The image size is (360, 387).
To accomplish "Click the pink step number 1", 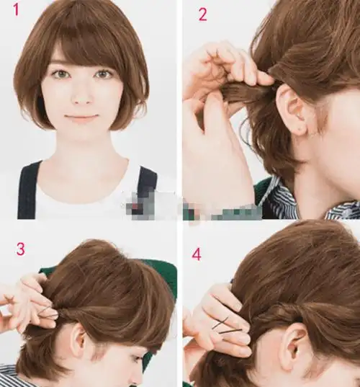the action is coord(16,10).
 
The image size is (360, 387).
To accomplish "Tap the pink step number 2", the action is coord(203,15).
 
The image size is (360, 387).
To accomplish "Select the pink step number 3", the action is coord(21,249).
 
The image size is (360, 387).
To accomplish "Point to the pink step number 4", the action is coord(197,254).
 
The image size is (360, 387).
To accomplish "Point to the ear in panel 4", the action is coord(297,345).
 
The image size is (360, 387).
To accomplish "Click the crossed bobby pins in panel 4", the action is coord(226,326).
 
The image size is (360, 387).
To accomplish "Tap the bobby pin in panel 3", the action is coord(48,313).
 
